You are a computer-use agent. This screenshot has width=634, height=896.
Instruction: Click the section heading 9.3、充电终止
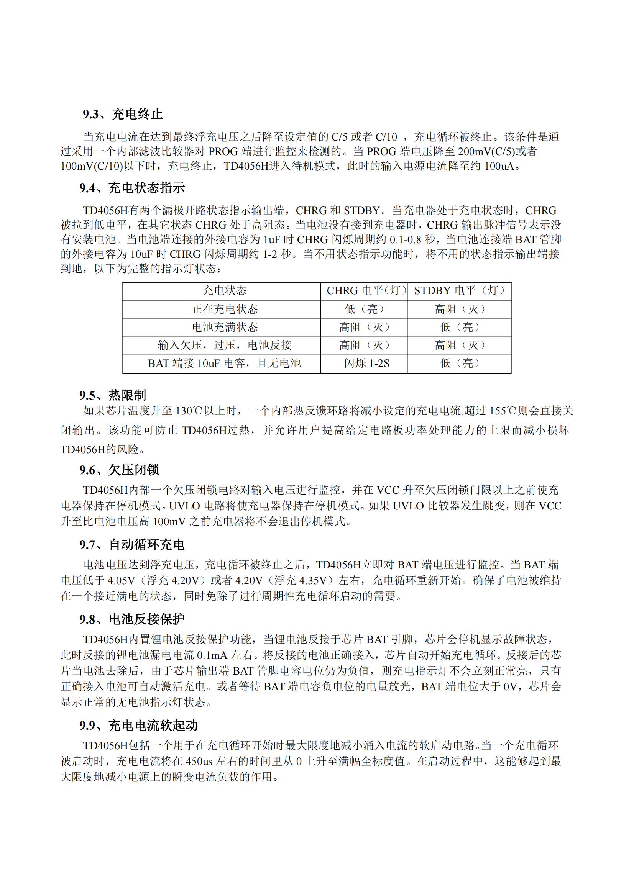click(x=123, y=114)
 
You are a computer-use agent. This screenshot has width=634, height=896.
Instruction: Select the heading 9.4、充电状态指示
click(x=132, y=188)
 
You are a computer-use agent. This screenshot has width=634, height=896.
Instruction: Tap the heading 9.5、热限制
click(x=112, y=395)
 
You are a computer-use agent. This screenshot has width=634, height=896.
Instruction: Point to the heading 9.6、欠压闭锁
click(x=119, y=470)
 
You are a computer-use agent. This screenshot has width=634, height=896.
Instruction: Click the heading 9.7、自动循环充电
click(x=132, y=545)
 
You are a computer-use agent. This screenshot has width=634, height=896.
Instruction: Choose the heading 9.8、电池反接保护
click(x=132, y=619)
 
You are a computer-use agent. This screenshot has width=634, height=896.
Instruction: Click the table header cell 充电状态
click(x=225, y=291)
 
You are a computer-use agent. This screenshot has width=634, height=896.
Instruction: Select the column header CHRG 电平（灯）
click(x=366, y=291)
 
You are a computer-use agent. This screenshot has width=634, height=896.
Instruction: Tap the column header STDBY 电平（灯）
click(x=459, y=291)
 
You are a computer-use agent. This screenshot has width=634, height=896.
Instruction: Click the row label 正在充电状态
click(x=225, y=310)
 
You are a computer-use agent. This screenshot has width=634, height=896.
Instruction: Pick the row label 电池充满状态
click(x=225, y=327)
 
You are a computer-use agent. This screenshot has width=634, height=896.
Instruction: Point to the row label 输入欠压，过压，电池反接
click(x=225, y=346)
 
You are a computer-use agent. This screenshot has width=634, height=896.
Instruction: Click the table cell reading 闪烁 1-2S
click(x=366, y=364)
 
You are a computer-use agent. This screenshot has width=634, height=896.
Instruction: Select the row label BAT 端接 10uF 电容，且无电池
click(x=225, y=364)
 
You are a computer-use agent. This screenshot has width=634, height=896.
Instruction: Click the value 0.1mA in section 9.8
click(x=213, y=655)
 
